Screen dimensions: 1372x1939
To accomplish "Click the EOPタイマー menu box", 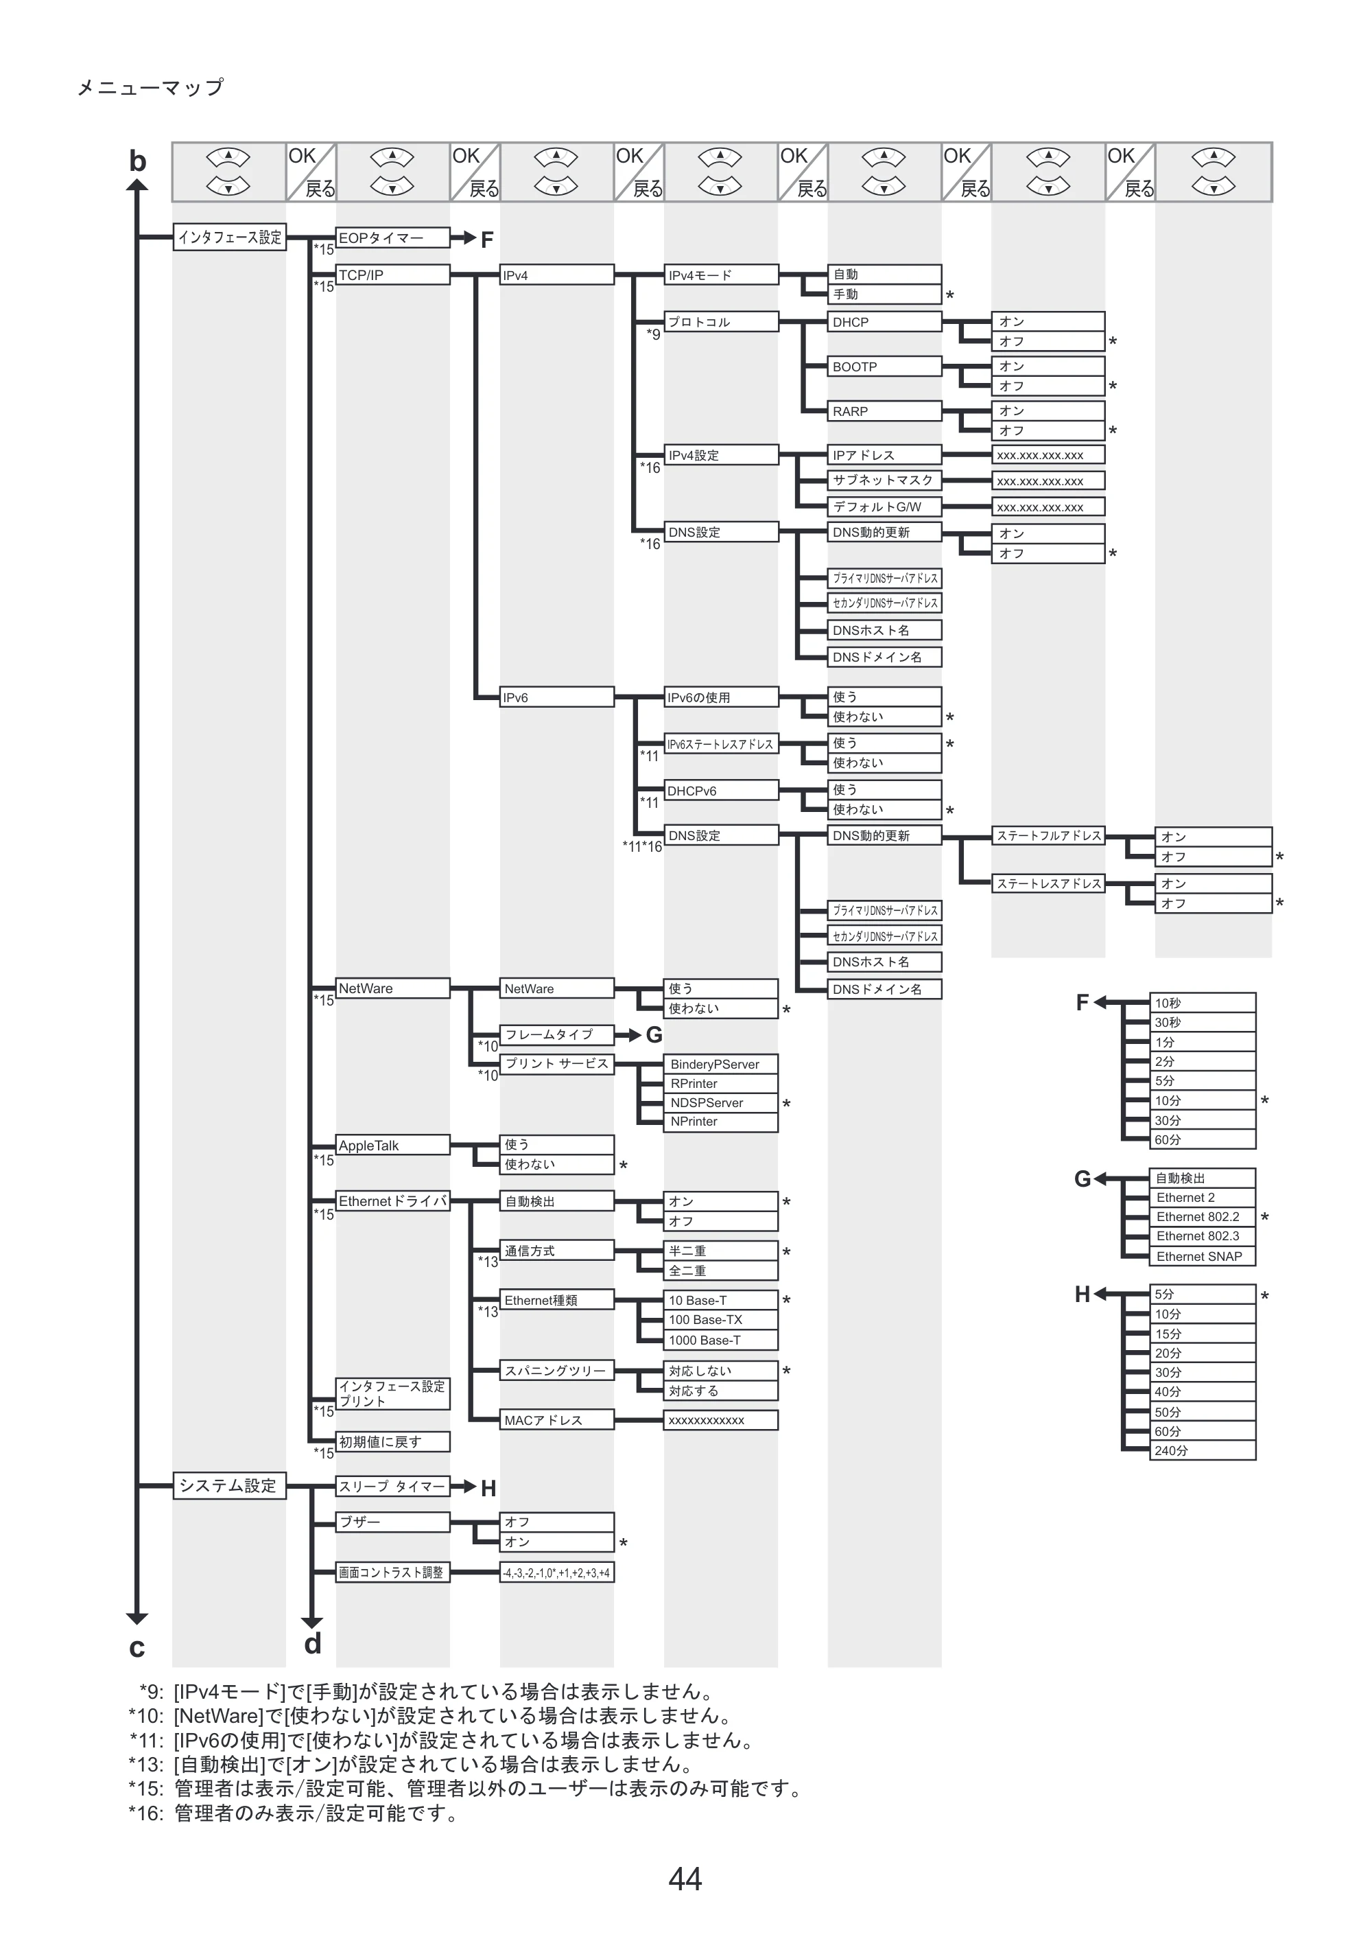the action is [x=393, y=237].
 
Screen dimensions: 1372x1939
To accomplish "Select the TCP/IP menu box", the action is [x=393, y=275].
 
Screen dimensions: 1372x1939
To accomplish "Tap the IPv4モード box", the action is [x=722, y=275].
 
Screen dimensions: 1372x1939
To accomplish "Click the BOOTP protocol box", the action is [x=884, y=367].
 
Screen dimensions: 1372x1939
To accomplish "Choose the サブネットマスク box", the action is [x=884, y=480].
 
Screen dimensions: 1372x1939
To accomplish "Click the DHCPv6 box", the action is [x=722, y=790].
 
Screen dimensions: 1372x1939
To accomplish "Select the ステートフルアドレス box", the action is [x=1048, y=836].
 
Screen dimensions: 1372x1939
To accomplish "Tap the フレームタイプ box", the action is [x=557, y=1034].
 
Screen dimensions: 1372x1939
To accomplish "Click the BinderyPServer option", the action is [x=722, y=1064].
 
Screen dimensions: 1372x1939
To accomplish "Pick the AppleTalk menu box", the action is [x=393, y=1146].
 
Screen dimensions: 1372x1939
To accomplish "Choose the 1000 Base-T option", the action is [x=722, y=1340].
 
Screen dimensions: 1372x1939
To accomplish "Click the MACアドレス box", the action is [x=557, y=1420].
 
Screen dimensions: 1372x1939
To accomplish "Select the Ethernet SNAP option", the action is [x=1203, y=1256].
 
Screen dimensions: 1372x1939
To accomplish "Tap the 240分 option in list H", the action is [x=1203, y=1450].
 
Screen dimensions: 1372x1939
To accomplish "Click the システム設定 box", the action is [x=229, y=1485].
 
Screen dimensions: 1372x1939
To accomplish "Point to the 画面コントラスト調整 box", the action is [x=393, y=1572].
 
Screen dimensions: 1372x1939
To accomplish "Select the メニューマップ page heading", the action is [x=150, y=87].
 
